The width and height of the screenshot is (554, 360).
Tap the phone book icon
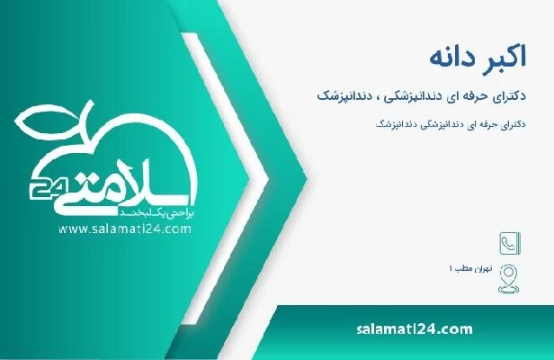[507, 242]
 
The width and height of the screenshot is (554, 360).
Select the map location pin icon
[507, 271]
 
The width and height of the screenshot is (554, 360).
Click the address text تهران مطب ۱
[468, 270]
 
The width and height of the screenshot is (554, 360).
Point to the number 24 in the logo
[40, 191]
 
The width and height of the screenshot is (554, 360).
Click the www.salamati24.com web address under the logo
[124, 229]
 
